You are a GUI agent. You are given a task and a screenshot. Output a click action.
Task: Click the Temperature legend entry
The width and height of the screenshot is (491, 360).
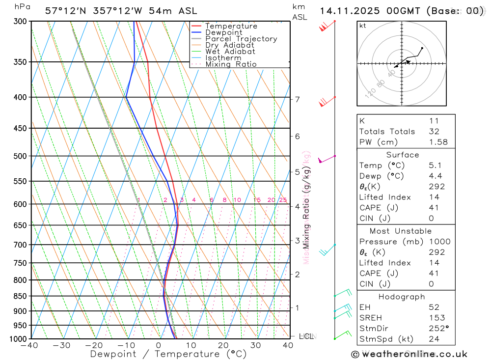(x=231, y=26)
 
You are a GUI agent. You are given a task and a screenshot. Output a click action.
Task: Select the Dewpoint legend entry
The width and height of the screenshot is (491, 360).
(x=223, y=32)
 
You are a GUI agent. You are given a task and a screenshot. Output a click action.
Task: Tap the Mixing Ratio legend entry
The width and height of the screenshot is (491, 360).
(x=231, y=64)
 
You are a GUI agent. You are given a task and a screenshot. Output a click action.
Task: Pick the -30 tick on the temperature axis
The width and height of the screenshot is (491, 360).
(x=62, y=345)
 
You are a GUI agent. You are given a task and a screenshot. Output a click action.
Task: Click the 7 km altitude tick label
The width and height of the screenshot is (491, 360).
(x=297, y=99)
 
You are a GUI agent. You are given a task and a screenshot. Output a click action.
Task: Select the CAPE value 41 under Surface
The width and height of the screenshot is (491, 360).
(x=434, y=208)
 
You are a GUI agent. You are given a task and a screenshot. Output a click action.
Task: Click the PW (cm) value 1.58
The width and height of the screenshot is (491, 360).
(x=438, y=142)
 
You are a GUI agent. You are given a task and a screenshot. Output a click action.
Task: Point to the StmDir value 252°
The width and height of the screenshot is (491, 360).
(x=438, y=328)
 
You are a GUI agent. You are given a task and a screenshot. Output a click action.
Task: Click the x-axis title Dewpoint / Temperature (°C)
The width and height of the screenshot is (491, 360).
(x=168, y=354)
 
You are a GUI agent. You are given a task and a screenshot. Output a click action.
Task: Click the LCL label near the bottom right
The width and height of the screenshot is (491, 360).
(x=306, y=336)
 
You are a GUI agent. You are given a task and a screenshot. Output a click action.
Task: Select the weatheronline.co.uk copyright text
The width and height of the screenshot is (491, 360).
(x=409, y=354)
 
